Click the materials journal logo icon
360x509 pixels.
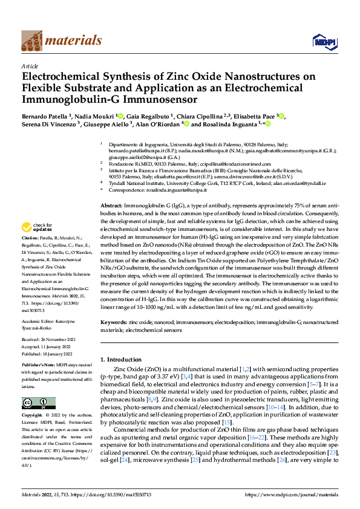coord(31,41)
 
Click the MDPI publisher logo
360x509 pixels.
coord(321,41)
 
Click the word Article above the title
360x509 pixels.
coord(30,66)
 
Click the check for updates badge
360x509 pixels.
coord(34,228)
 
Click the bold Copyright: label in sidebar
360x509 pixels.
coord(35,416)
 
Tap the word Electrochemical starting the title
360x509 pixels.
coord(57,77)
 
